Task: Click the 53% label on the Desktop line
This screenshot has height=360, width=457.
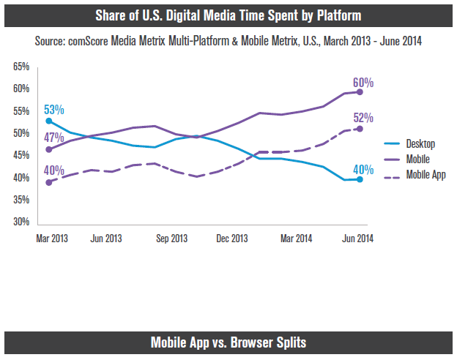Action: [55, 110]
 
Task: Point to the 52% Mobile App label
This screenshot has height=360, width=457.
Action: [364, 118]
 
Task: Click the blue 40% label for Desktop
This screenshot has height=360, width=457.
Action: [364, 170]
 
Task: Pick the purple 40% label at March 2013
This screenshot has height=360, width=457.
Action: [55, 170]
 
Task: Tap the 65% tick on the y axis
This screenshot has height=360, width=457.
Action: [21, 67]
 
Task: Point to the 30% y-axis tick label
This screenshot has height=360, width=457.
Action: [21, 222]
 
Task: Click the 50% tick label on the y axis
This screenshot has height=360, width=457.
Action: [21, 133]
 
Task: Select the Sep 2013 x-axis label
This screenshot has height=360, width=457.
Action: [172, 239]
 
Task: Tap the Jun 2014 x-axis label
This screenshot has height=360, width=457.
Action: [359, 239]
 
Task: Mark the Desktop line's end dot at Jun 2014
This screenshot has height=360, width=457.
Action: [359, 179]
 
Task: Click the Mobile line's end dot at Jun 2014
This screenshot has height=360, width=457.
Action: [359, 91]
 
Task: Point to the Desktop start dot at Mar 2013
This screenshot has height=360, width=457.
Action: [48, 120]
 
